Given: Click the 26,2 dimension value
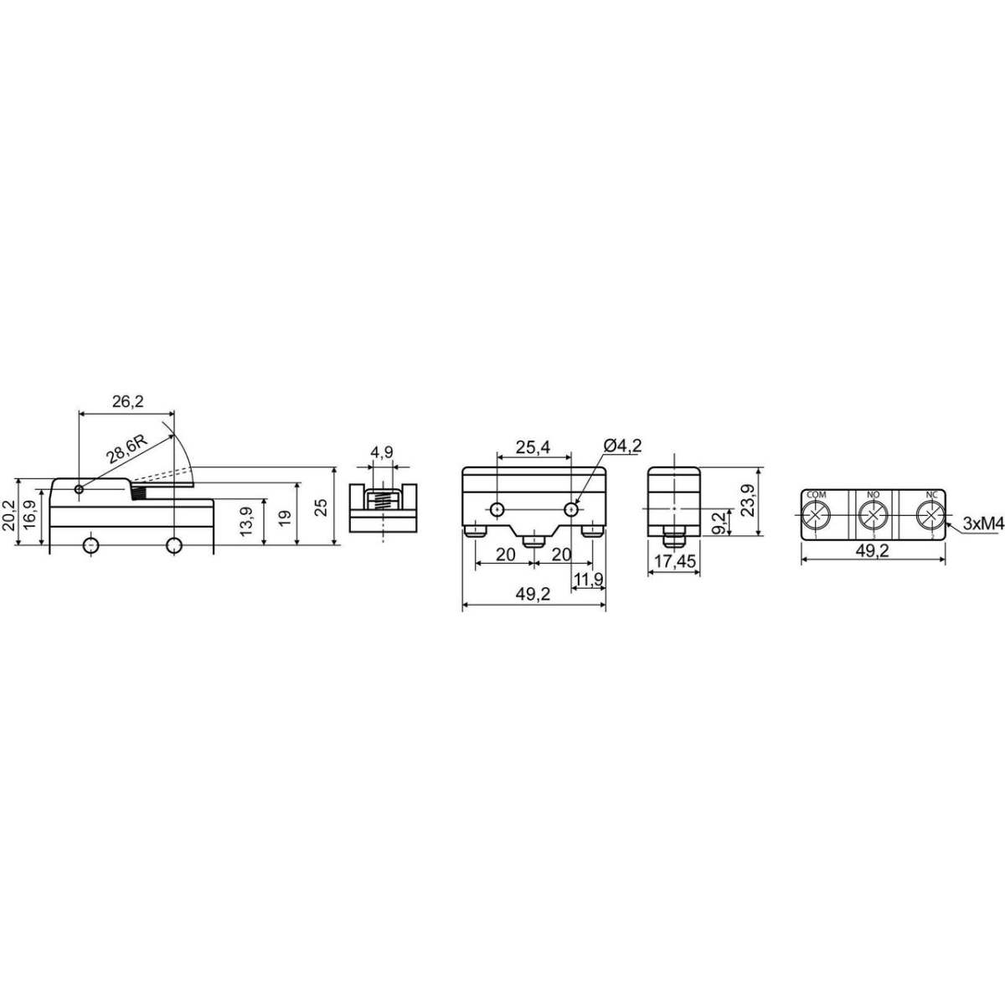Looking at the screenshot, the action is [x=128, y=402].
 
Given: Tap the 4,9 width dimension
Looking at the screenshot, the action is [x=382, y=452].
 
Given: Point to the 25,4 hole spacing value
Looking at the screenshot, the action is [x=533, y=447].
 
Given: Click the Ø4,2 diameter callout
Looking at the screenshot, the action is [x=623, y=446].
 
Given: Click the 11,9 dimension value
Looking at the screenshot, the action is [x=588, y=579].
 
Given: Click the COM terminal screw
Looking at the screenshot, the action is [x=817, y=516].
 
